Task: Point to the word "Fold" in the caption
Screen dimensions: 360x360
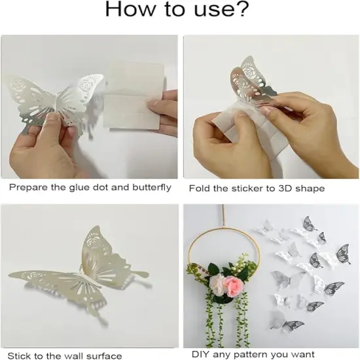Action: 200,188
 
